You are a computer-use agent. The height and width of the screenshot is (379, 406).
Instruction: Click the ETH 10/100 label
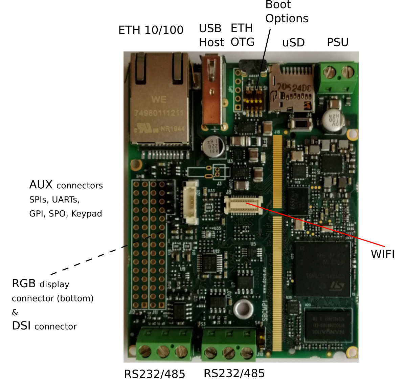pos(151,30)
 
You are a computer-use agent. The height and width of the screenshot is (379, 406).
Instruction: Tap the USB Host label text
pos(211,35)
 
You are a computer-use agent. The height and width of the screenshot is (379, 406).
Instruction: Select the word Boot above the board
pos(278,5)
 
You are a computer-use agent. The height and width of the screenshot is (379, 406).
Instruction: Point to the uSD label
pos(293,43)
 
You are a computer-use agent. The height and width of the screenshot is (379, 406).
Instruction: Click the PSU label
pos(337,42)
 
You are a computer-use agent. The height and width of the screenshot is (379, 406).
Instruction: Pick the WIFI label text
pos(383,254)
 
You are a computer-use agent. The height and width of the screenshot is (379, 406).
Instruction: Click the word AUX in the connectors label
pos(41,185)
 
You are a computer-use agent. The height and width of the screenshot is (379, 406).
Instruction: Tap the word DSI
pos(21,326)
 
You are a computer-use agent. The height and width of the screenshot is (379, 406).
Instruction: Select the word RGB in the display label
pos(24,283)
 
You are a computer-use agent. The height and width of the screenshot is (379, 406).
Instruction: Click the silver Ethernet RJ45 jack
pos(159,102)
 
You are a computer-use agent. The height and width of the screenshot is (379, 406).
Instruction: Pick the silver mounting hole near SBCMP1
pos(243,309)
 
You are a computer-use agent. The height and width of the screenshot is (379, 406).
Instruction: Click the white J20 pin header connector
pos(191,202)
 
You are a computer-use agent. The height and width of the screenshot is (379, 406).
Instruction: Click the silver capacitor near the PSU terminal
pos(333,118)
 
